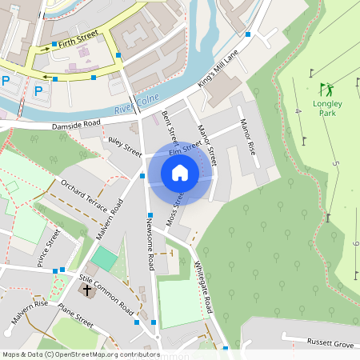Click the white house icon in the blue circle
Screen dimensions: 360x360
tap(180, 173)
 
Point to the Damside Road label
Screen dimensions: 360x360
tap(77, 124)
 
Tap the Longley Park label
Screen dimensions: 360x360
tap(328, 108)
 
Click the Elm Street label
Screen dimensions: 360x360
tap(185, 150)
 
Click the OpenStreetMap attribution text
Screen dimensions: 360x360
tap(81, 354)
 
